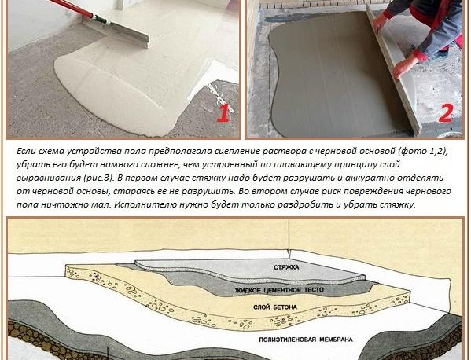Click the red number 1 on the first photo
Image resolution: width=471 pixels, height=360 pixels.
tap(223, 113)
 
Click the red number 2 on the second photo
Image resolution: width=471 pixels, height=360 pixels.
tap(445, 113)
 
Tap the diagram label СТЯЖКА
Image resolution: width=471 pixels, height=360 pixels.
tap(286, 267)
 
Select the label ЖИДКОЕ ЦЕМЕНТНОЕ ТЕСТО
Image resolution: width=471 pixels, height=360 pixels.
tap(279, 290)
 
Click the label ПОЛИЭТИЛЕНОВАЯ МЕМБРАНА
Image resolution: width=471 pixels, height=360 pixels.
tap(306, 340)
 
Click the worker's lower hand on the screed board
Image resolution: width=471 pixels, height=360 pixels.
tap(403, 66)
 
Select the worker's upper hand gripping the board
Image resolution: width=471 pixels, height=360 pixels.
tap(380, 22)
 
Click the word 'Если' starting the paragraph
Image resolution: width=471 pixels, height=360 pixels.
tap(26, 152)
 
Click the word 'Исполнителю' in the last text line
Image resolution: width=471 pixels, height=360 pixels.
tap(143, 205)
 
